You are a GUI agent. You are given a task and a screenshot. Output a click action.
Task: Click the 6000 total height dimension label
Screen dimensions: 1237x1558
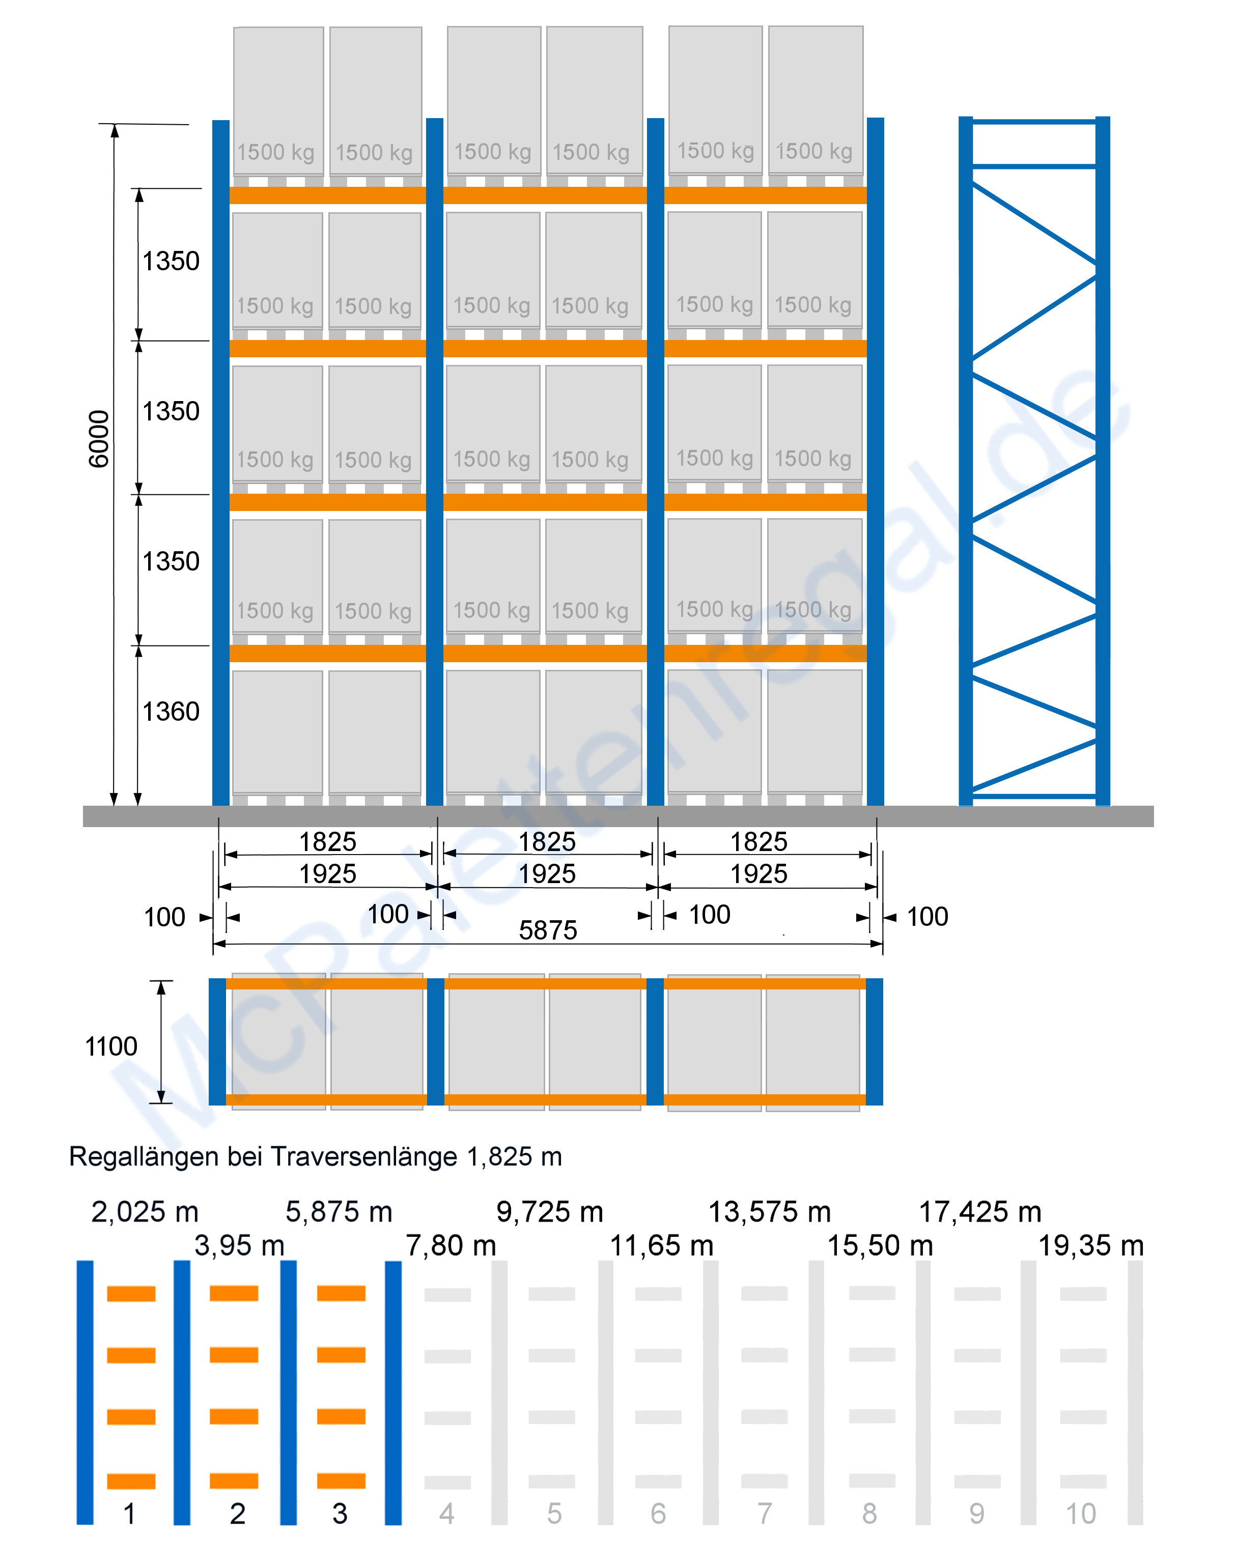point(98,439)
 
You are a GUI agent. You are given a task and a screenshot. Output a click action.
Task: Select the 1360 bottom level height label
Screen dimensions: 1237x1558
point(171,711)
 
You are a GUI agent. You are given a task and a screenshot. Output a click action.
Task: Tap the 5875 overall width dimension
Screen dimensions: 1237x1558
point(548,930)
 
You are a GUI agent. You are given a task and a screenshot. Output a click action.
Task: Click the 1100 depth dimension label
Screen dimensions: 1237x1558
point(110,1045)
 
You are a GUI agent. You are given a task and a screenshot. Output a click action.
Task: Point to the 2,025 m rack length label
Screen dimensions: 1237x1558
point(145,1212)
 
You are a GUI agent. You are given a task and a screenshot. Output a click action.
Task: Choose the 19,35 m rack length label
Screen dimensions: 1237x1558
point(1090,1245)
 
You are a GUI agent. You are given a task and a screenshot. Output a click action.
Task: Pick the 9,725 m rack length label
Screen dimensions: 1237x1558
point(549,1212)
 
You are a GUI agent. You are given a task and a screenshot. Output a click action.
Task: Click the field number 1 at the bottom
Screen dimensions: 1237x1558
point(129,1513)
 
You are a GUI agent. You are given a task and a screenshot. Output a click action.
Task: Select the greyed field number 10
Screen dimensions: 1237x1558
point(1081,1513)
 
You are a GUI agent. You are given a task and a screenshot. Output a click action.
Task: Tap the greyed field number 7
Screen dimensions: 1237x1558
point(765,1513)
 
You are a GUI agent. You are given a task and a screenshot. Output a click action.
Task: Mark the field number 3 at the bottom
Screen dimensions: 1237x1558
point(340,1513)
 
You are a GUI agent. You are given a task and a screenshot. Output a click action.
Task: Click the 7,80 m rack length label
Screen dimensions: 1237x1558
point(451,1245)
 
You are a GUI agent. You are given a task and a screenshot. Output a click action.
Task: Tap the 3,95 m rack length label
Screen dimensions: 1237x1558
point(239,1245)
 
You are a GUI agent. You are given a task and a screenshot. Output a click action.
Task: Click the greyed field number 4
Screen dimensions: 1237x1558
point(446,1513)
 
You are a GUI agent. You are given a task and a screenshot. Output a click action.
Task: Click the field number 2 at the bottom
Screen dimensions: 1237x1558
point(237,1513)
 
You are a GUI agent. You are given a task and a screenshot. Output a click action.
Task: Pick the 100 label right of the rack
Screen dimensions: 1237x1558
point(927,916)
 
